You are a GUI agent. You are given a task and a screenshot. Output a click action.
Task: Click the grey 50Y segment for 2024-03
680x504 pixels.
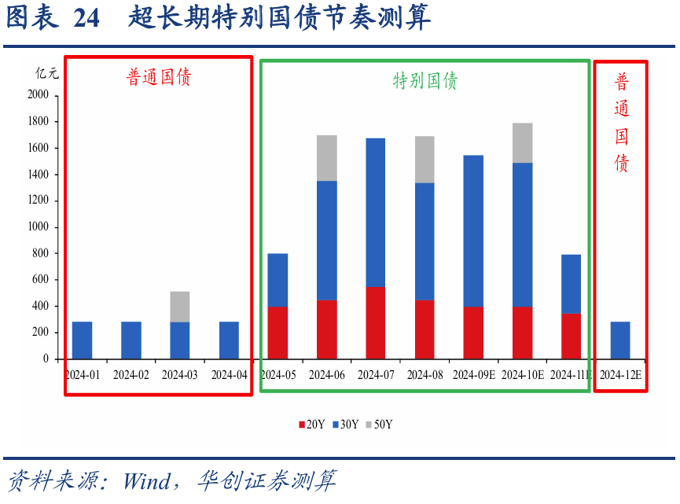click(180, 307)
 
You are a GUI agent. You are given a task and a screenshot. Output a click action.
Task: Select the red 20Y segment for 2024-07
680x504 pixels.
click(376, 322)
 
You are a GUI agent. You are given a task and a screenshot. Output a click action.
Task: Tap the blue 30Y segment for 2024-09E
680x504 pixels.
click(473, 230)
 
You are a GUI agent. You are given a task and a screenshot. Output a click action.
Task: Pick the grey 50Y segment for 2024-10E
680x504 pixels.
click(522, 142)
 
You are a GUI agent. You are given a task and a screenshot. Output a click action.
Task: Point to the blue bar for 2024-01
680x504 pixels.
click(83, 340)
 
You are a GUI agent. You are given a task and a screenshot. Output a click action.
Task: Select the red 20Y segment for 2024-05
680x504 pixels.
click(278, 332)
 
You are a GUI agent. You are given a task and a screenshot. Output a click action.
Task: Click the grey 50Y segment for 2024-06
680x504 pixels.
click(326, 158)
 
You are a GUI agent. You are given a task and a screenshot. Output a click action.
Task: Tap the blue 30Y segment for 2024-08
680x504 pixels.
click(425, 241)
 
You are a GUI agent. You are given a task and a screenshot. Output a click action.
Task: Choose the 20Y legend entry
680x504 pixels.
click(311, 425)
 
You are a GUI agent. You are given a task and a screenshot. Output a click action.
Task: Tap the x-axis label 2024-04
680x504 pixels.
click(229, 375)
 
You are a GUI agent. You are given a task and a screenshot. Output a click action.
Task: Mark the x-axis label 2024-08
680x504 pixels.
click(425, 375)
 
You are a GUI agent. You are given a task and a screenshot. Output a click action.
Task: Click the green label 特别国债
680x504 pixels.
click(425, 80)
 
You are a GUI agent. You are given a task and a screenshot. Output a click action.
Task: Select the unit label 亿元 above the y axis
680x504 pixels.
click(46, 73)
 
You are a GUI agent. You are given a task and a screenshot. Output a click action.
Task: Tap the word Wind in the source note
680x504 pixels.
click(147, 480)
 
